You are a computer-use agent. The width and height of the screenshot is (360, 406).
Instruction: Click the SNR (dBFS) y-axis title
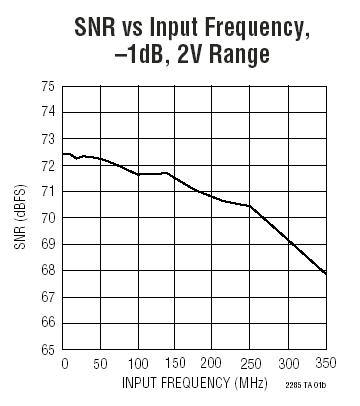[21, 218]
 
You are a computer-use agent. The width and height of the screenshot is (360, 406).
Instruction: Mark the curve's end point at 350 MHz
[326, 274]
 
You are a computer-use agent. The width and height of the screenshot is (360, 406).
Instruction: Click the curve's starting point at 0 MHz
[64, 154]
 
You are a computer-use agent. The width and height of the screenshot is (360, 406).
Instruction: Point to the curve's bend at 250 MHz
[250, 206]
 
